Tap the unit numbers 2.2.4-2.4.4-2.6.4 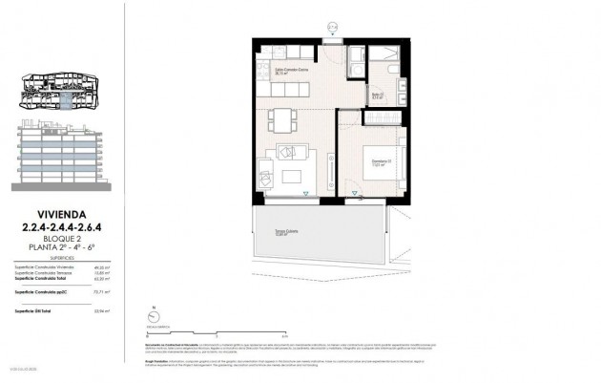click(x=60, y=226)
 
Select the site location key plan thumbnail click(x=60, y=91)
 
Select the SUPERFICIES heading click(x=60, y=258)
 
